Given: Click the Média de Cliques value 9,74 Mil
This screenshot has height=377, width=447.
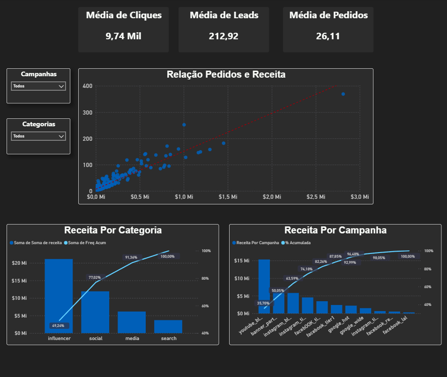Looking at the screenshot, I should click(x=123, y=36).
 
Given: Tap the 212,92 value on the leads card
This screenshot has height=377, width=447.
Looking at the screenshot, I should click(x=223, y=36).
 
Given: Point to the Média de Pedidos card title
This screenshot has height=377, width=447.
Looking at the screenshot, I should click(x=328, y=15).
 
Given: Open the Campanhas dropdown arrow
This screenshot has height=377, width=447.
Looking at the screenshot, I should click(x=61, y=86).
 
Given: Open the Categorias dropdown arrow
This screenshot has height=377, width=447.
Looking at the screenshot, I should click(x=61, y=136).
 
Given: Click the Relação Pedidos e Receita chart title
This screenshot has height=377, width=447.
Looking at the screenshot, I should click(x=226, y=74).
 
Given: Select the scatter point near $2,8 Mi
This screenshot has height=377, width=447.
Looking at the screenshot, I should click(x=343, y=94).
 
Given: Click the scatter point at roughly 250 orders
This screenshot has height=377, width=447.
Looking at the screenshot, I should click(x=184, y=125).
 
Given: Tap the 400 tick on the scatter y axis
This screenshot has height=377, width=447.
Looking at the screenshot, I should click(x=87, y=86).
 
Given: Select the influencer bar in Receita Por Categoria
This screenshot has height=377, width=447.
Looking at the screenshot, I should click(x=59, y=295).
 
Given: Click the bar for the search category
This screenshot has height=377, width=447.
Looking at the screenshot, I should click(x=168, y=326).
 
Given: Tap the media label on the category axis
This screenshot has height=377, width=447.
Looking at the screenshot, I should click(x=132, y=338).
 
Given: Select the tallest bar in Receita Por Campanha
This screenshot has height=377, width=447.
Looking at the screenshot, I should click(x=264, y=285).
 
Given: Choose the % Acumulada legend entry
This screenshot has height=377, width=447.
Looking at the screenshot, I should click(x=298, y=243).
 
